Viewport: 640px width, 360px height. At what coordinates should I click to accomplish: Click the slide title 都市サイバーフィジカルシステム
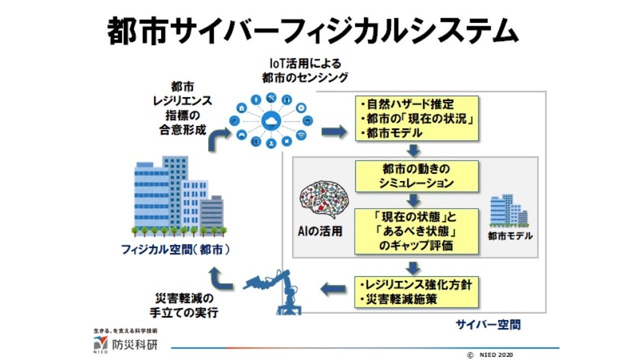tap(312, 32)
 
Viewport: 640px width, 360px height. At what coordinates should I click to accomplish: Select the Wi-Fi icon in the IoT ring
tap(301, 135)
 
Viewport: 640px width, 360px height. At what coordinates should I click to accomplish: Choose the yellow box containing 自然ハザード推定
tap(416, 119)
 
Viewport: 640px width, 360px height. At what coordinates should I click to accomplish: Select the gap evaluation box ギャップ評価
tap(416, 231)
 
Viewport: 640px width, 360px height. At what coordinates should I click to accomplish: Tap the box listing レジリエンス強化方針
tap(416, 292)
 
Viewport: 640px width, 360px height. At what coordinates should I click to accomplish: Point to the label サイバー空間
tap(488, 324)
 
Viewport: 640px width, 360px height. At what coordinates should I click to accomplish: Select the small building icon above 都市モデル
tap(509, 210)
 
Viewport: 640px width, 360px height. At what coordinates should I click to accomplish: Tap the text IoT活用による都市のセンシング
tap(304, 71)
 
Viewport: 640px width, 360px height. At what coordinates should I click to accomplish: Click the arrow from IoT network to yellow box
tap(333, 131)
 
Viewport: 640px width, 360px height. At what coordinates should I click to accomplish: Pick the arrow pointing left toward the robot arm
tap(332, 288)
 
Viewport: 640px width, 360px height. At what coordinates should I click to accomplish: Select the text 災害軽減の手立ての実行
tap(184, 305)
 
